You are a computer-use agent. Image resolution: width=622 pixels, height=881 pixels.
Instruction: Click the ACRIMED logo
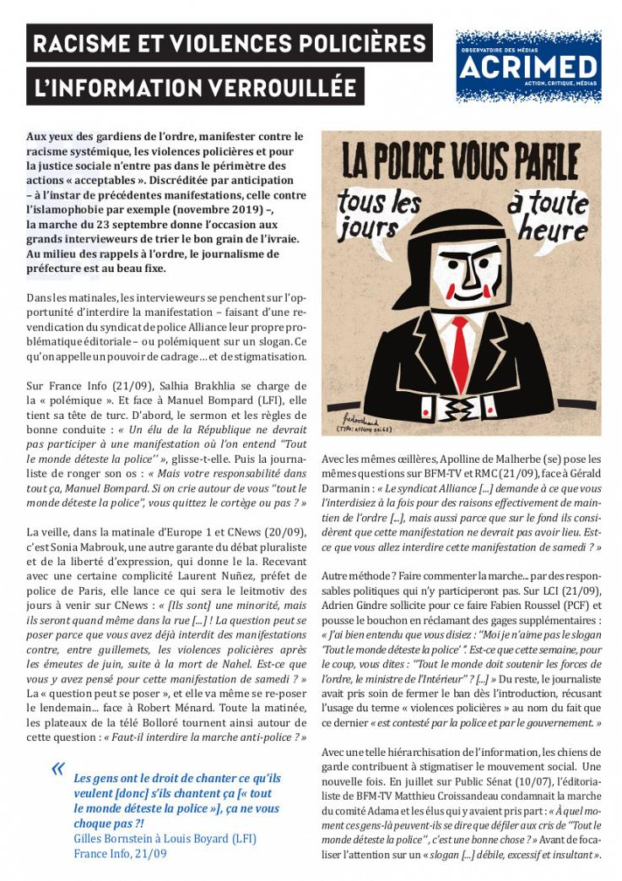528,66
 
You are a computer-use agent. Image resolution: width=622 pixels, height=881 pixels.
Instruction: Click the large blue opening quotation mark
58,769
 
